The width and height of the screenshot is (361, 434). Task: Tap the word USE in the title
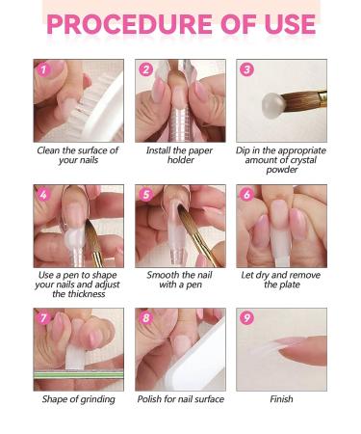click(291, 24)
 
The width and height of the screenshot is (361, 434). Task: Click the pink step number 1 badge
click(43, 69)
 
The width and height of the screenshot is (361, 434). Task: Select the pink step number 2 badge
click(145, 69)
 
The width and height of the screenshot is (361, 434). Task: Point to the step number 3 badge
click(246, 69)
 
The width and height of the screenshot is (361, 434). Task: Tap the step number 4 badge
click(43, 194)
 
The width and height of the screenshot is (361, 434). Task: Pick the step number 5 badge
click(145, 194)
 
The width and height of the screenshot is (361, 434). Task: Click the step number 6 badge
click(246, 194)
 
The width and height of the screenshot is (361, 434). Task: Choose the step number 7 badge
click(43, 318)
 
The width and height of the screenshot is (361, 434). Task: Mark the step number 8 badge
click(145, 318)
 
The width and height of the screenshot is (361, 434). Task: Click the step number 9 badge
click(246, 318)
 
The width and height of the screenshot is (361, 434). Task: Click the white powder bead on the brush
click(273, 105)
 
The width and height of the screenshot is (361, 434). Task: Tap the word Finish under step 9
click(281, 399)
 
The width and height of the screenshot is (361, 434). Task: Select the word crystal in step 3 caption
click(302, 160)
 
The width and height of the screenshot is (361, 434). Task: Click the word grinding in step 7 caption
click(97, 399)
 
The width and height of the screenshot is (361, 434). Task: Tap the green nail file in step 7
click(79, 374)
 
